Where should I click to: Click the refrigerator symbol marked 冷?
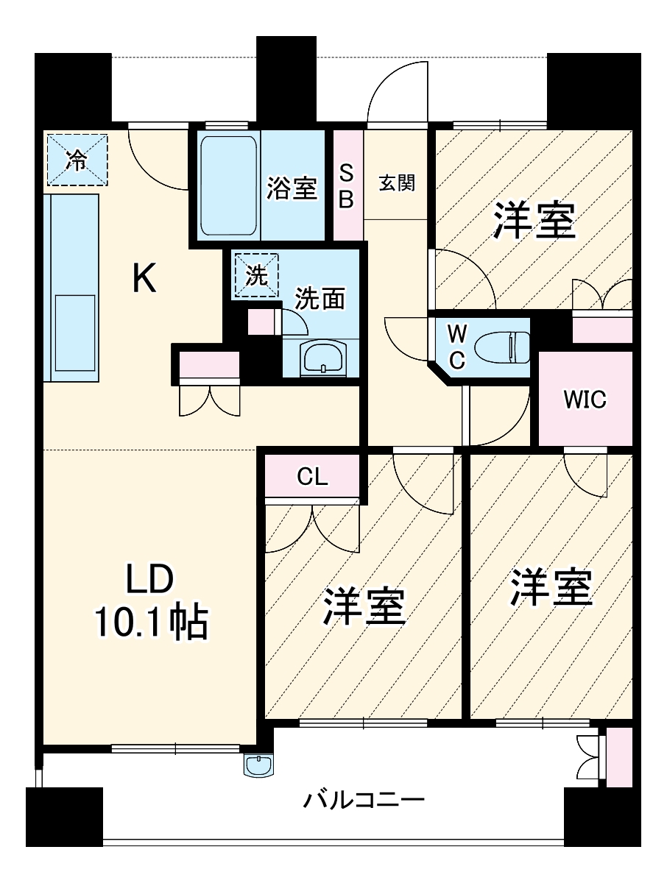tap(77, 160)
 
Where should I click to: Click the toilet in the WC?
tap(505, 347)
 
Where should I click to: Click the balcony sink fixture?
tap(258, 765)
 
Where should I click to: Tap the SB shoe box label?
tap(347, 185)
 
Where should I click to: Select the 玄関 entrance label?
tap(397, 183)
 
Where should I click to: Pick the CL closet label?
tap(312, 477)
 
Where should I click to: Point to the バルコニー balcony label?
tap(364, 800)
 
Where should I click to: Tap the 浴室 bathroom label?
tap(292, 189)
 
